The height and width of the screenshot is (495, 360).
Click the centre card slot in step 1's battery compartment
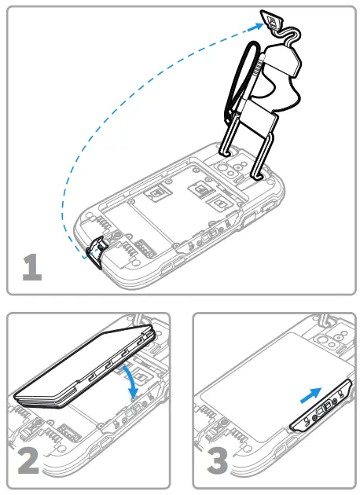pyautogui.click(x=197, y=189)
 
